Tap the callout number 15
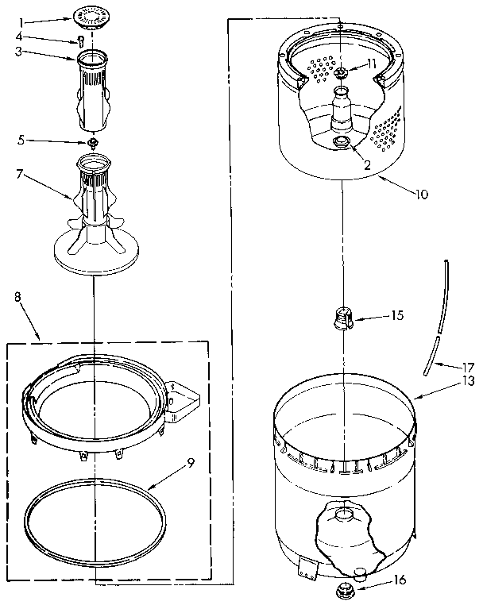tap(397, 315)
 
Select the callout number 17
tap(468, 367)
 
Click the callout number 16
tap(400, 580)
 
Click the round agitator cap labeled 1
tap(93, 17)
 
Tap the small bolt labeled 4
tap(81, 40)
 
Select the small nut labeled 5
tap(93, 143)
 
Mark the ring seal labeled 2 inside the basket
tap(342, 143)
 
